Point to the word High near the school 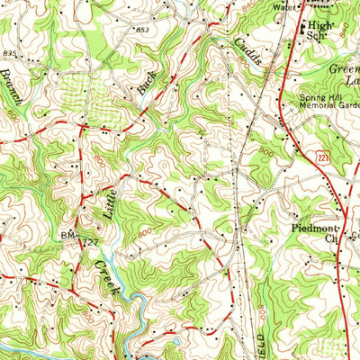coord(319,26)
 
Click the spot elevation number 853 coord(142,30)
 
